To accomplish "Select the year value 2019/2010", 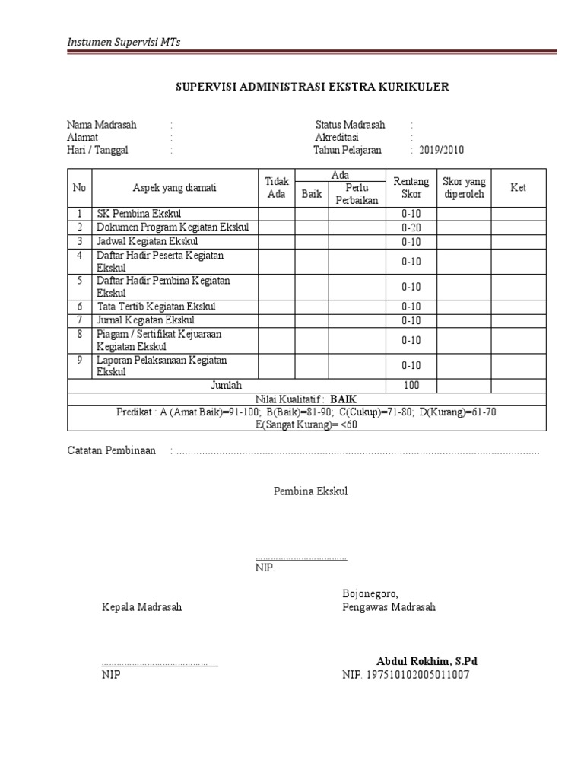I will [x=440, y=150].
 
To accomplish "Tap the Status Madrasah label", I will [x=350, y=125].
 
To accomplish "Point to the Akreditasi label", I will [x=339, y=138].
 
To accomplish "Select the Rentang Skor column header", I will [x=411, y=187].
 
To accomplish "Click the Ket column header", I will [x=518, y=188].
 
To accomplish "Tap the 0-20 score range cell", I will [x=411, y=227].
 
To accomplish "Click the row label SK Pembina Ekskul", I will [x=139, y=213].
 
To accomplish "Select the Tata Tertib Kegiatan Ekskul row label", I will [x=156, y=307].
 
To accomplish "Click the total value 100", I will [x=411, y=385].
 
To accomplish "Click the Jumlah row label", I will [x=226, y=385].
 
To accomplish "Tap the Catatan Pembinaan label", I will [x=111, y=450].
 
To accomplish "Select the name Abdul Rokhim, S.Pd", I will [x=427, y=660].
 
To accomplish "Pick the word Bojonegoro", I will [x=370, y=593].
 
